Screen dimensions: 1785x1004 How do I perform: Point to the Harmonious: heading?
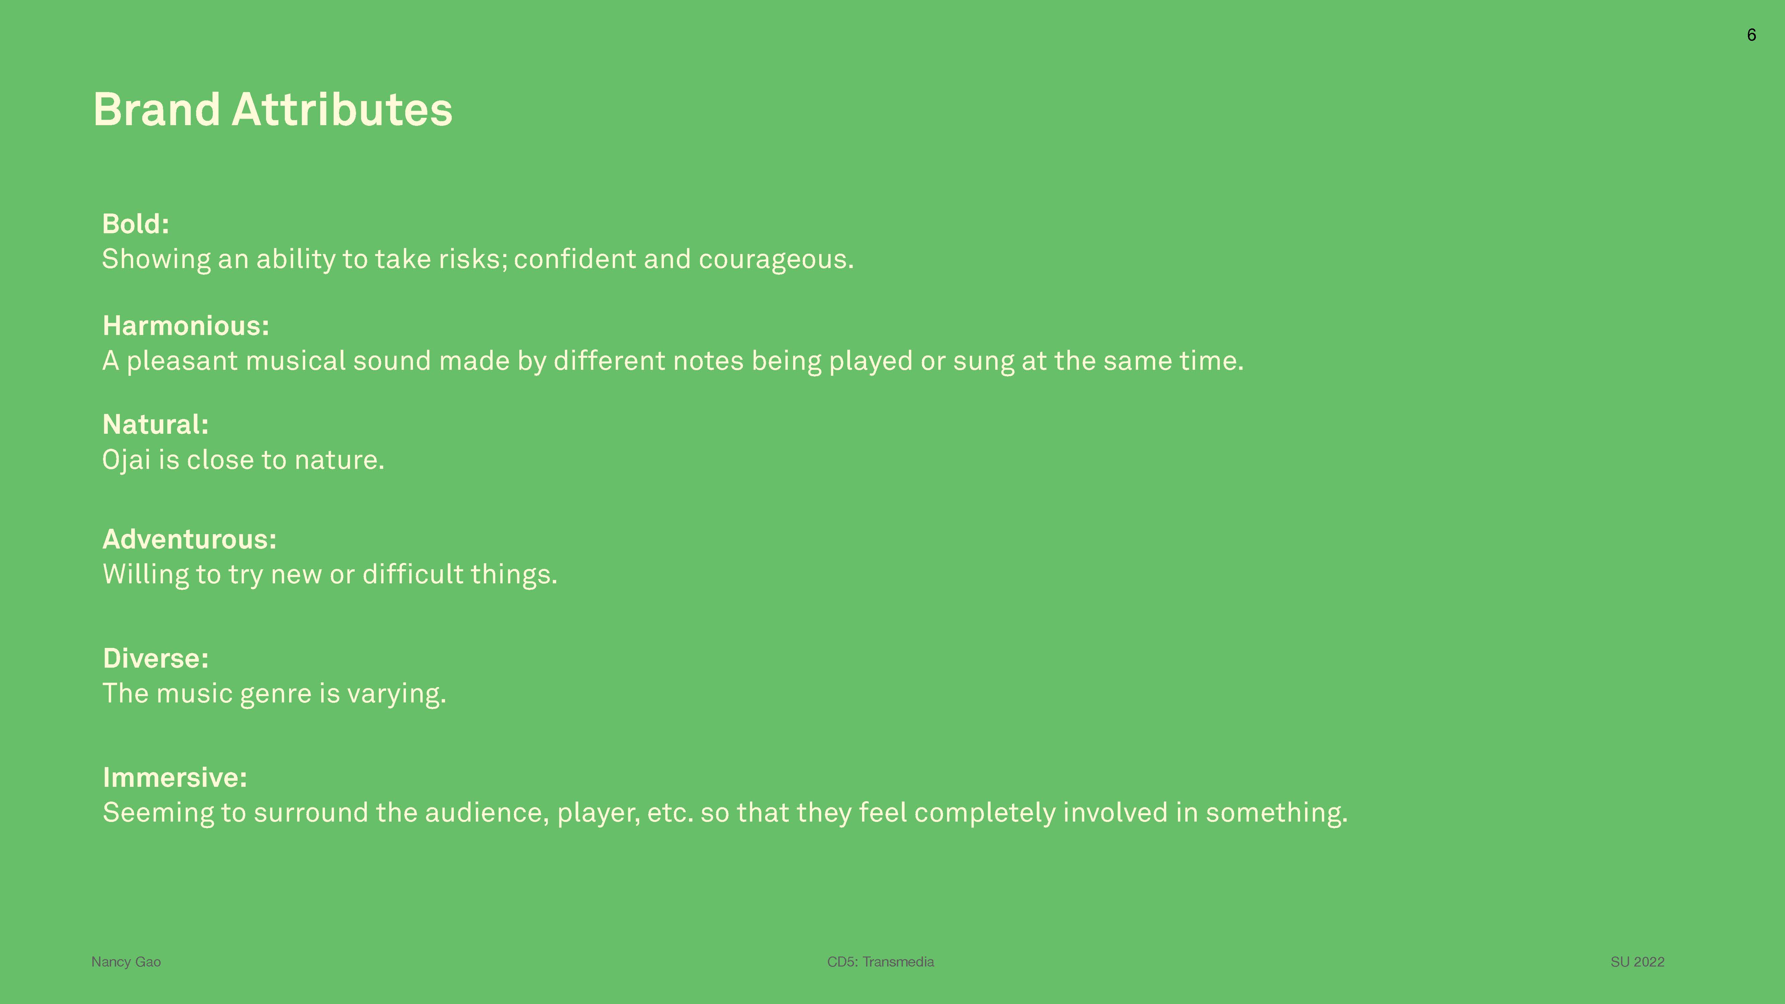click(x=186, y=326)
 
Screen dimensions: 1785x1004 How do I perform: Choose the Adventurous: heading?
click(x=189, y=539)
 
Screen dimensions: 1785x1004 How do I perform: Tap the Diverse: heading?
click(x=155, y=658)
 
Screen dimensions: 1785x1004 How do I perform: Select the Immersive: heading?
click(x=175, y=777)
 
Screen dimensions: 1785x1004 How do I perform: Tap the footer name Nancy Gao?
click(x=126, y=962)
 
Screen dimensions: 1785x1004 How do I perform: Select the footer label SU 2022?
click(x=1637, y=962)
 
